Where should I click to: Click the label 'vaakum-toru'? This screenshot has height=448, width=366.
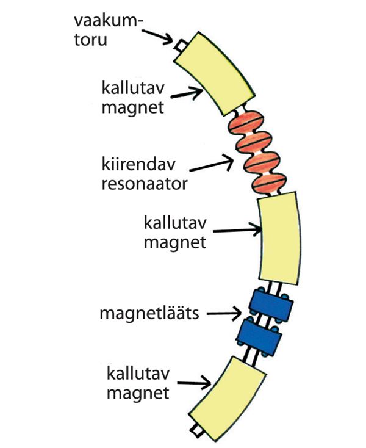pyautogui.click(x=108, y=31)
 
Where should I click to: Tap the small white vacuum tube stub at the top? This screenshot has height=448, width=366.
pyautogui.click(x=181, y=46)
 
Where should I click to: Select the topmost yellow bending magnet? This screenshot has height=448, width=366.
pyautogui.click(x=214, y=74)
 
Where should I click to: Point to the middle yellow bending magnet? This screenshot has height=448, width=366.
pyautogui.click(x=279, y=239)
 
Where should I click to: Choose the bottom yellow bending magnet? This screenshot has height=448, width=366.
pyautogui.click(x=228, y=399)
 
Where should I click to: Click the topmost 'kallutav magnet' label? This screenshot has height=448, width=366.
pyautogui.click(x=133, y=98)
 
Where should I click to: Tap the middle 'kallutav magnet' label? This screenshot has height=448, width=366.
pyautogui.click(x=175, y=233)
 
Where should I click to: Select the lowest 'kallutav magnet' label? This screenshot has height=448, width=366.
pyautogui.click(x=138, y=383)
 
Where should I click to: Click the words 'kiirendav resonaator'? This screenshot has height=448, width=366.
pyautogui.click(x=145, y=174)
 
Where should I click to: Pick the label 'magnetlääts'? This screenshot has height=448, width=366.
pyautogui.click(x=149, y=313)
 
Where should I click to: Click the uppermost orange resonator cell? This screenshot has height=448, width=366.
pyautogui.click(x=249, y=121)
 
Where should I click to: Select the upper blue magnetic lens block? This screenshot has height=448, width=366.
pyautogui.click(x=271, y=306)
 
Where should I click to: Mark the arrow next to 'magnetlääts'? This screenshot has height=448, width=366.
pyautogui.click(x=224, y=314)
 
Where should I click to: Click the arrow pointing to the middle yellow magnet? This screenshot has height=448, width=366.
pyautogui.click(x=237, y=229)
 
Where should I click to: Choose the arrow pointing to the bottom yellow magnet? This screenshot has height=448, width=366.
pyautogui.click(x=194, y=383)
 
